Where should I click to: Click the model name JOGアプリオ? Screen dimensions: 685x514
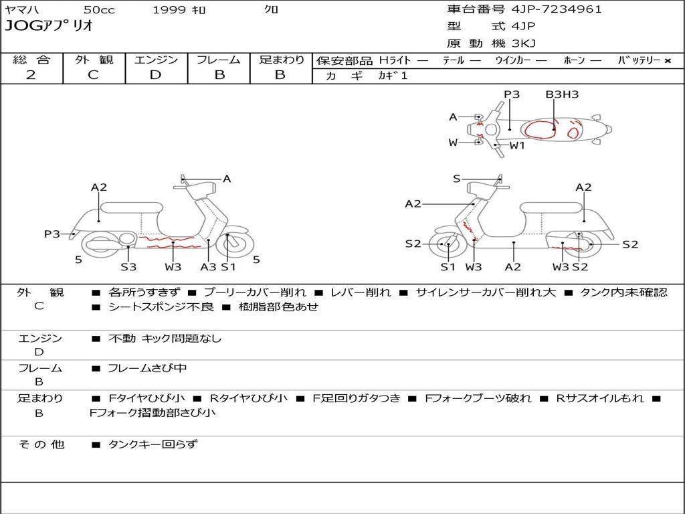(49, 26)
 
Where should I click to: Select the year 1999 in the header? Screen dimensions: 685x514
(168, 9)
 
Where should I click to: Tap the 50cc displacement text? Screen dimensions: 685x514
(98, 9)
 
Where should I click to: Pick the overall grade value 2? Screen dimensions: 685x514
(31, 75)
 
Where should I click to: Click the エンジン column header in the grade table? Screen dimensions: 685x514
(156, 60)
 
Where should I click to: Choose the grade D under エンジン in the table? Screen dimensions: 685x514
(155, 75)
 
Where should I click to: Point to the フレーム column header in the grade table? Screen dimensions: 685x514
(219, 60)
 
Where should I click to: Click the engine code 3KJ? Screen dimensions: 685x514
(523, 44)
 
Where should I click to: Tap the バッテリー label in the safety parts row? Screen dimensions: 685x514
(639, 60)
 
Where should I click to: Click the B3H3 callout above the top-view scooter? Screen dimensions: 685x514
(562, 94)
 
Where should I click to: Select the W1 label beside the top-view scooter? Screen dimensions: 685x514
(517, 145)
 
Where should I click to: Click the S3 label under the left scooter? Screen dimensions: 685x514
(128, 267)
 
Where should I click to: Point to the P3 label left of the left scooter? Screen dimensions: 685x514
(52, 234)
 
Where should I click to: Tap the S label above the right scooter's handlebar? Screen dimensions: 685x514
(457, 179)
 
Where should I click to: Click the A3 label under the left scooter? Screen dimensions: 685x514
(208, 267)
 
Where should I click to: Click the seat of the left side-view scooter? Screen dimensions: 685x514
(130, 207)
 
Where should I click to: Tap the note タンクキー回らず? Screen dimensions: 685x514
(153, 444)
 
